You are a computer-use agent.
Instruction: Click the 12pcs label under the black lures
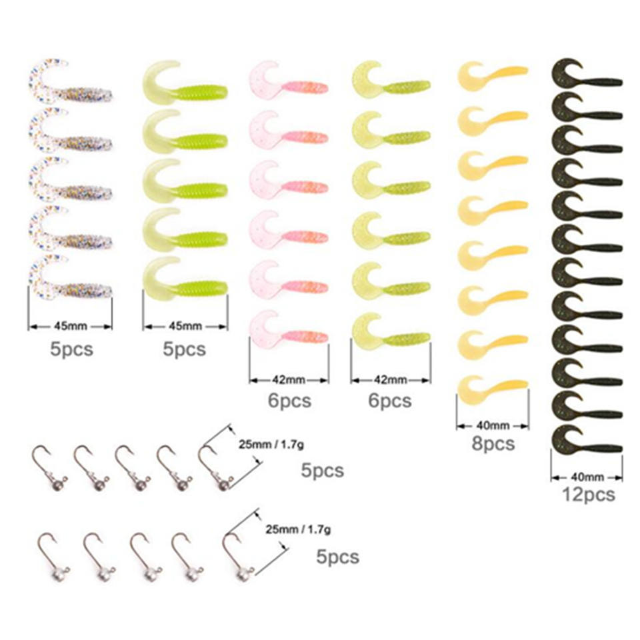[588, 495]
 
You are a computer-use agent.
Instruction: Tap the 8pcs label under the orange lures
[493, 444]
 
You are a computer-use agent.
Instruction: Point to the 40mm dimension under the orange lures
[493, 426]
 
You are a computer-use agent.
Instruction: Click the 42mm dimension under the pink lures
[289, 380]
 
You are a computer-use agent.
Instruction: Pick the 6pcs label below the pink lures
[289, 401]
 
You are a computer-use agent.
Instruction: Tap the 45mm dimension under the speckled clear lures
[70, 326]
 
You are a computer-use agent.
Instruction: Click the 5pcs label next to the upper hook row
[323, 470]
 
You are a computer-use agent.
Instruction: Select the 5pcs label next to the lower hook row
[337, 557]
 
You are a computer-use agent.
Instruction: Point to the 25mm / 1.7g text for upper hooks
[271, 445]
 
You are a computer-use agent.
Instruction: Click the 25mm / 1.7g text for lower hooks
[299, 529]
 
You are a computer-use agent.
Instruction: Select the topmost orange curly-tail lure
[493, 75]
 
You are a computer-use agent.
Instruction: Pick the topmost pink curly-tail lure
[289, 79]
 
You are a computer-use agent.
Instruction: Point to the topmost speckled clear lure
[70, 81]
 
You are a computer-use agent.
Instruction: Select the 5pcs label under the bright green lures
[185, 349]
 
